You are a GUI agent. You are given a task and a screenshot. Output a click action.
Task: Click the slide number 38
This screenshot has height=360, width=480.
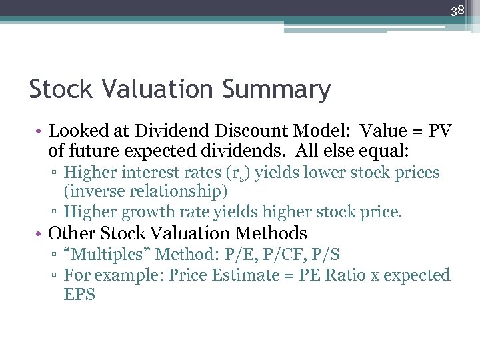[457, 11]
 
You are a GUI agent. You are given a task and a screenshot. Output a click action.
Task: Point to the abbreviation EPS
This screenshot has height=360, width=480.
[79, 294]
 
